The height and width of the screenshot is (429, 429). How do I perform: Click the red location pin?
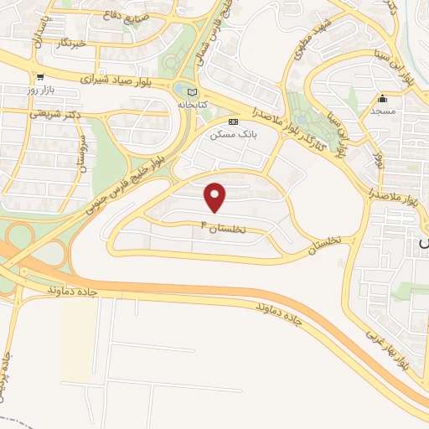click(216, 197)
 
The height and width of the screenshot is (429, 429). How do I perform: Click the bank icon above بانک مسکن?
click(233, 121)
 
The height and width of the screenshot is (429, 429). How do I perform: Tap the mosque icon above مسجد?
click(384, 96)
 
